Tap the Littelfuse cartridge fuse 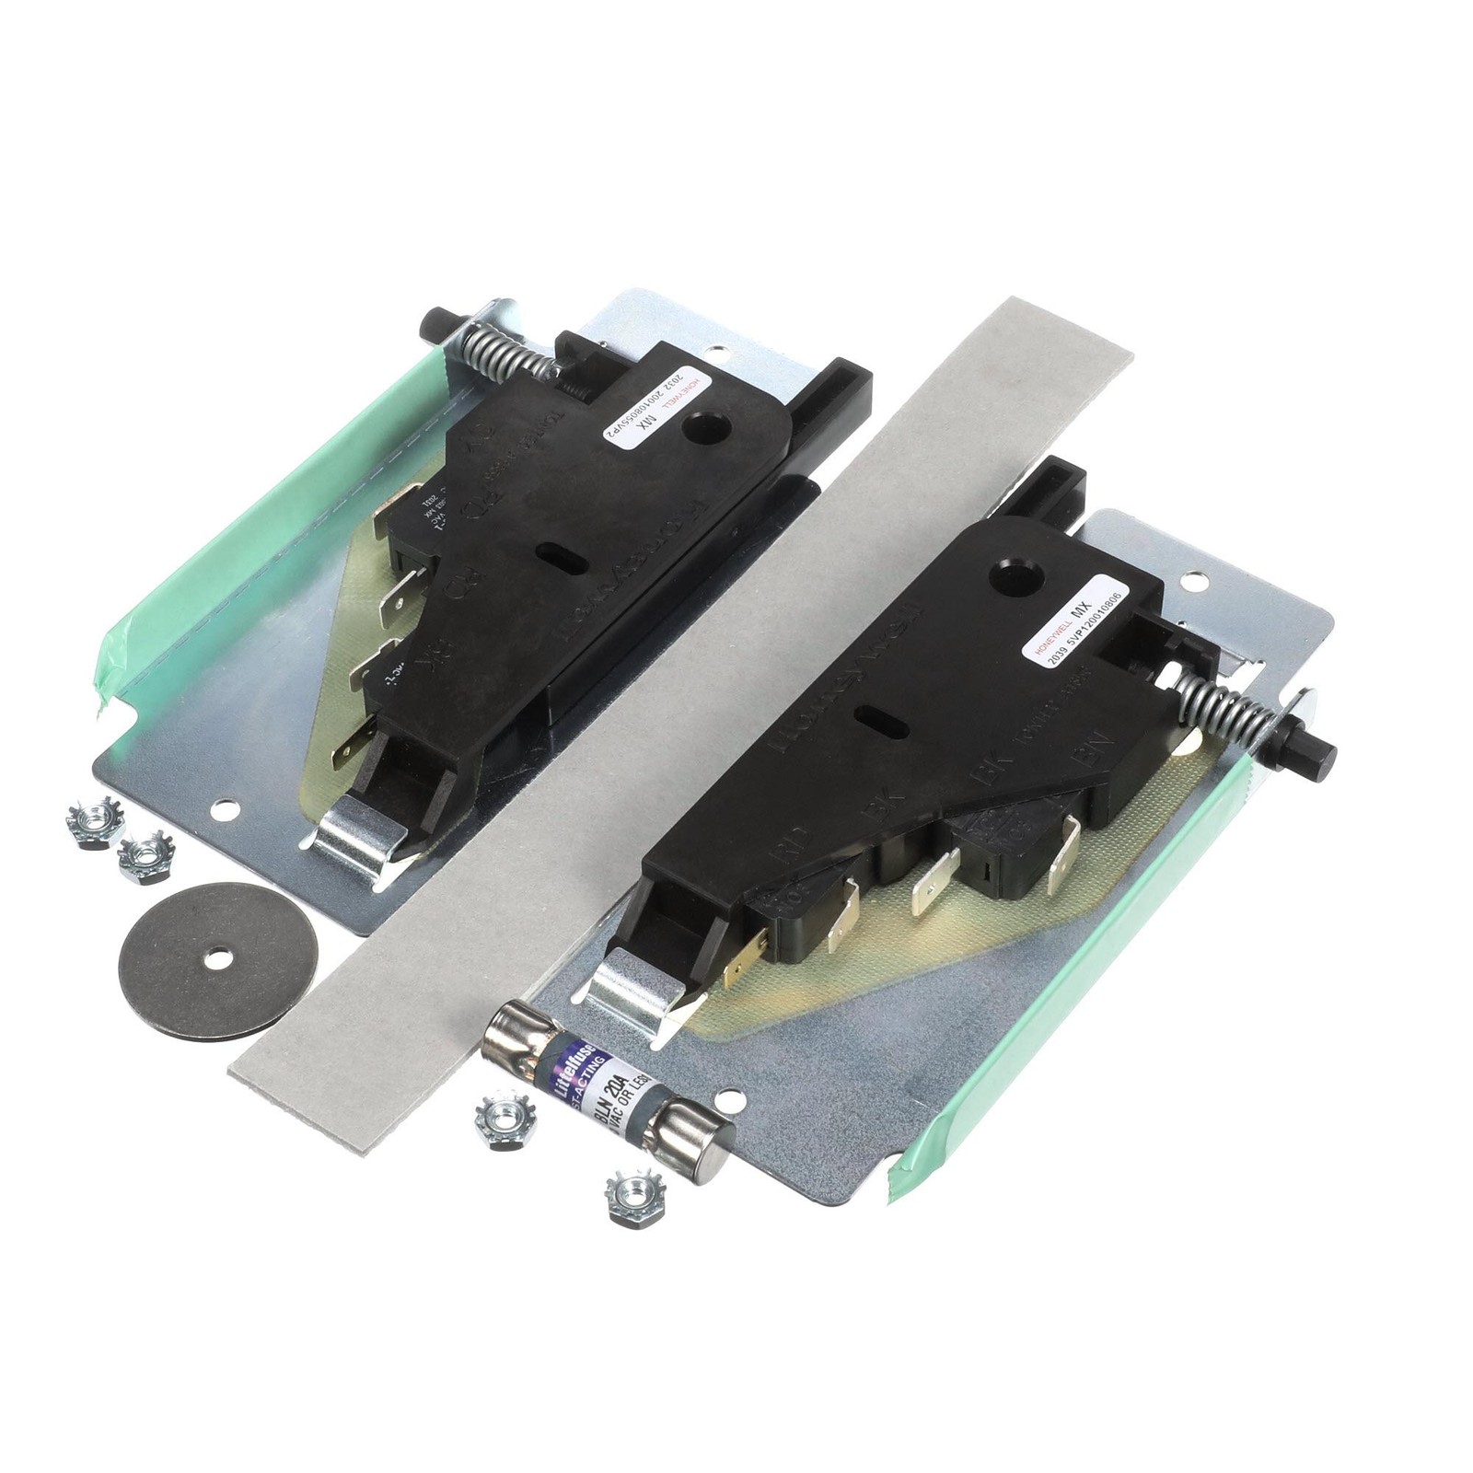click(x=609, y=1087)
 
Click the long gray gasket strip click(x=681, y=700)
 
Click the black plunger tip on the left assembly click(x=431, y=324)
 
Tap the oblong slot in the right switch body click(x=875, y=716)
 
